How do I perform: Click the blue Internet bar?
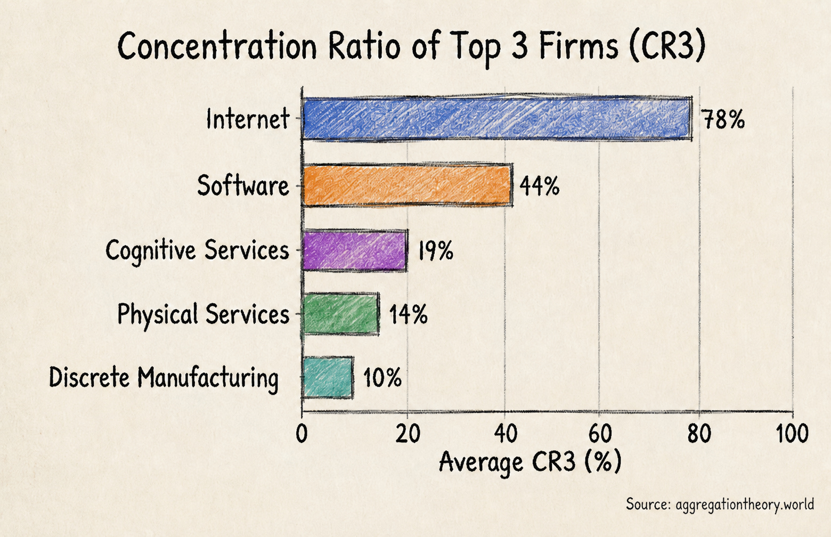[x=497, y=119]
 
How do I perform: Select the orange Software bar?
[x=408, y=185]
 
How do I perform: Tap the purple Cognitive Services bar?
[x=355, y=250]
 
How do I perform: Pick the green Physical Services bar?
[x=341, y=314]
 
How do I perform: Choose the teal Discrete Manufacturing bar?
[x=328, y=378]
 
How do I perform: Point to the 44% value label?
[x=540, y=185]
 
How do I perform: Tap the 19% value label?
[x=436, y=250]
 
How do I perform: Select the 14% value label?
[x=409, y=314]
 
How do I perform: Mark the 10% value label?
[x=382, y=378]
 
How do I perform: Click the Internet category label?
[x=248, y=119]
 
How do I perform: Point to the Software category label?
[x=243, y=185]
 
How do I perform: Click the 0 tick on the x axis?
[x=302, y=434]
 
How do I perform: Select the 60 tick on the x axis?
[x=600, y=434]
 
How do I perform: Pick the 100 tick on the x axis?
[x=793, y=434]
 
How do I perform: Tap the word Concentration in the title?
[x=217, y=46]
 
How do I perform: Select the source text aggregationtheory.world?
[x=745, y=505]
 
